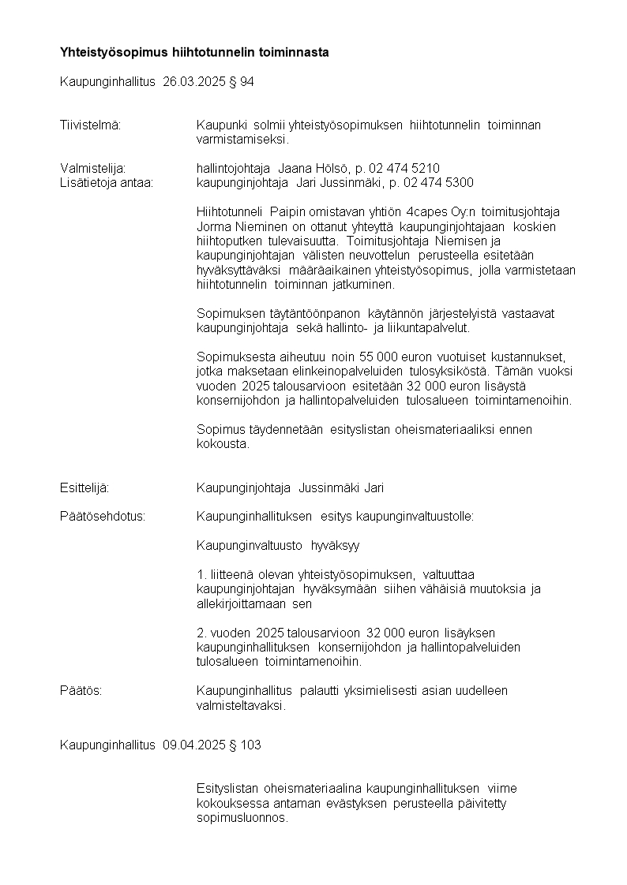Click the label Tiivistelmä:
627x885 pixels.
[90, 125]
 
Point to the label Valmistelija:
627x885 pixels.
[93, 168]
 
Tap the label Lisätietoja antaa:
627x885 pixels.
[107, 182]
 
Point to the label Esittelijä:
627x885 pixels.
[84, 488]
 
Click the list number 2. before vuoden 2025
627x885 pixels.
[201, 633]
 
